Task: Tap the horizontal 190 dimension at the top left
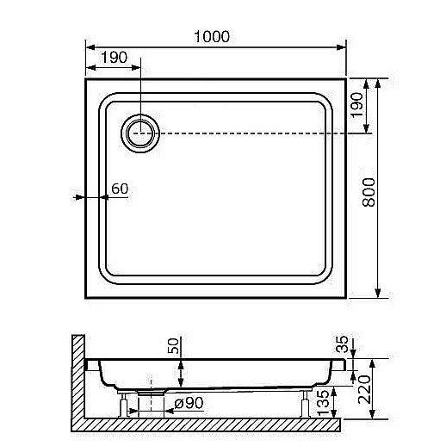tap(115, 57)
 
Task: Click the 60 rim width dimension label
tap(119, 189)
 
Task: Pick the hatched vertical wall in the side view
tap(77, 379)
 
